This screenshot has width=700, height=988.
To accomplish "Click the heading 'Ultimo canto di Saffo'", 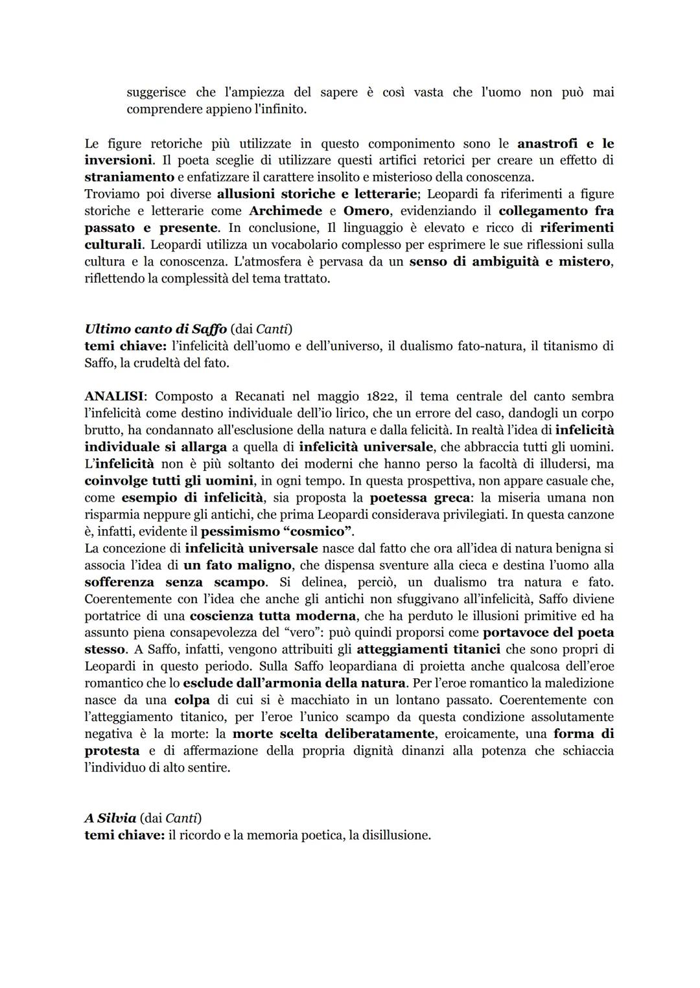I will tap(156, 329).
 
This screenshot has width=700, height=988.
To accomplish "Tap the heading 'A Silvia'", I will tap(110, 818).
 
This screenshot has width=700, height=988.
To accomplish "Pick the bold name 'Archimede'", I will tap(285, 211).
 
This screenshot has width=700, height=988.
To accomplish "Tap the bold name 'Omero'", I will tap(366, 211).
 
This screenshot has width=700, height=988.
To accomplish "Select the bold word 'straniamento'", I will tap(130, 178).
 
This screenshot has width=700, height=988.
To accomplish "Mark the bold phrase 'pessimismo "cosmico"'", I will tap(276, 532).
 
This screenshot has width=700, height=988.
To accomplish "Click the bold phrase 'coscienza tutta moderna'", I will tap(273, 616).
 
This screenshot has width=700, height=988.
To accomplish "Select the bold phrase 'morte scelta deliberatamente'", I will tap(333, 734).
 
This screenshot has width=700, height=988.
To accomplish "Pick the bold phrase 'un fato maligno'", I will tap(237, 566).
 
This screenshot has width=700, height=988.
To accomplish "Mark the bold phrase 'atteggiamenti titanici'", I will tap(428, 650).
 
